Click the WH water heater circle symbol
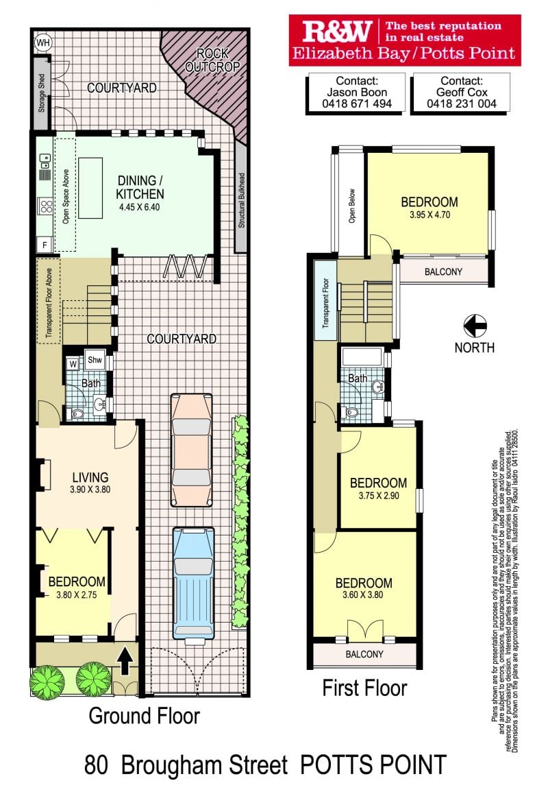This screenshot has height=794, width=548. click(43, 43)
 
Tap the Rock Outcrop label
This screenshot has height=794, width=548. click(212, 60)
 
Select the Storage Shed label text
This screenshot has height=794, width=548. click(42, 93)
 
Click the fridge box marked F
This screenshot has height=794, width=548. click(45, 245)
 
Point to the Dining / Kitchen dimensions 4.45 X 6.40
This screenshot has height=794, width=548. click(140, 207)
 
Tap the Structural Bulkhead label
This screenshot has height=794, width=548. click(241, 200)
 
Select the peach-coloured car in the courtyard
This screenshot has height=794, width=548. click(192, 450)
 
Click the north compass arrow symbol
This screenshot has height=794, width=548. click(475, 326)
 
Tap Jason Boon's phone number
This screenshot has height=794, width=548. click(357, 104)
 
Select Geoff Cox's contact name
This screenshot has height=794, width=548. click(462, 92)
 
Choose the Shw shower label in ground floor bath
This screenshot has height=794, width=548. click(95, 360)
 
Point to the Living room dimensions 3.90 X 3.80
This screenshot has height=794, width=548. click(90, 490)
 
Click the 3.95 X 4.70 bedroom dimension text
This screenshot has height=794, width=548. click(429, 215)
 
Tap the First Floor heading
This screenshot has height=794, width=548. click(365, 688)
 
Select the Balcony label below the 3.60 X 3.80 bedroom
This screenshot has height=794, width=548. click(364, 654)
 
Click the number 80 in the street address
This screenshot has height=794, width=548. click(96, 765)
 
